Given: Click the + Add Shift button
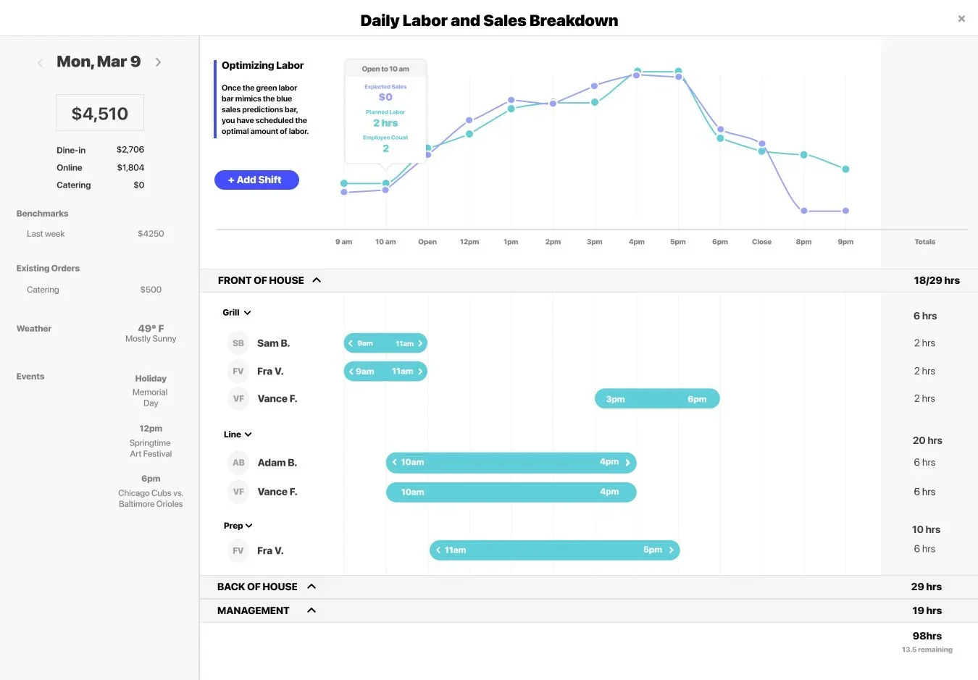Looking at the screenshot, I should pyautogui.click(x=256, y=180).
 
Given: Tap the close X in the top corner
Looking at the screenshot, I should pyautogui.click(x=961, y=19).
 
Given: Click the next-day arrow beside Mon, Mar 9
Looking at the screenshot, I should pyautogui.click(x=158, y=62).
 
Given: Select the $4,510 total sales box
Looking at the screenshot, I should pyautogui.click(x=100, y=113).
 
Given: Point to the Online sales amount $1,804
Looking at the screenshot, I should pyautogui.click(x=130, y=167).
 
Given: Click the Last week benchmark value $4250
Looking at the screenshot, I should pyautogui.click(x=151, y=234).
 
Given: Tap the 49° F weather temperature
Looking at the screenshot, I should pyautogui.click(x=151, y=328).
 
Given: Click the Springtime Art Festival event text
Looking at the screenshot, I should pyautogui.click(x=151, y=448).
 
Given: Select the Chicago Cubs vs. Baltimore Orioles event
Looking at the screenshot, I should pyautogui.click(x=151, y=498).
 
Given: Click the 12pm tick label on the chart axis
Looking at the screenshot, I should pyautogui.click(x=469, y=242).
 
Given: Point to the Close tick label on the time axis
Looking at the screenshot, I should pyautogui.click(x=761, y=242).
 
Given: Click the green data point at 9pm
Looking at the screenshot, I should pyautogui.click(x=845, y=169).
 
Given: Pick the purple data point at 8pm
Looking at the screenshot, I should pyautogui.click(x=803, y=211).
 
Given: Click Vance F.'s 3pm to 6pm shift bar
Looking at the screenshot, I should pyautogui.click(x=656, y=399).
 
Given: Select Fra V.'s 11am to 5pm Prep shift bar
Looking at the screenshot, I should pyautogui.click(x=554, y=550).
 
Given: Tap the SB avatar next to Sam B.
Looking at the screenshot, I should pyautogui.click(x=238, y=343).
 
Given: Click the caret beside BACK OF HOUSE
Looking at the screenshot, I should pyautogui.click(x=312, y=587).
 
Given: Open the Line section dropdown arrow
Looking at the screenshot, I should pyautogui.click(x=248, y=435).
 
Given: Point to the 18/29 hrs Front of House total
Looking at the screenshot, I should pyautogui.click(x=936, y=280).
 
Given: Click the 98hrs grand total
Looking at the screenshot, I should pyautogui.click(x=927, y=636).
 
